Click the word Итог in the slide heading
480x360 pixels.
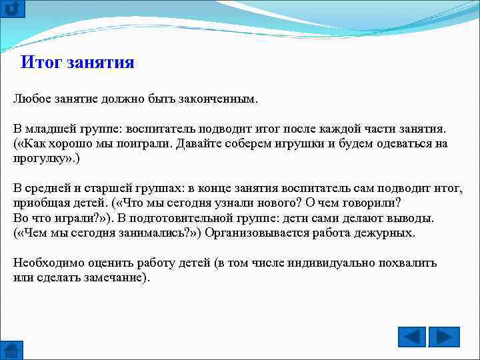42,63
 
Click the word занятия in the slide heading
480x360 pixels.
101,63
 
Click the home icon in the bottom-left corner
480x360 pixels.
12,350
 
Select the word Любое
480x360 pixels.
31,99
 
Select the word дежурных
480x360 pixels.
381,233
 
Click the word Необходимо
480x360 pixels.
45,263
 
